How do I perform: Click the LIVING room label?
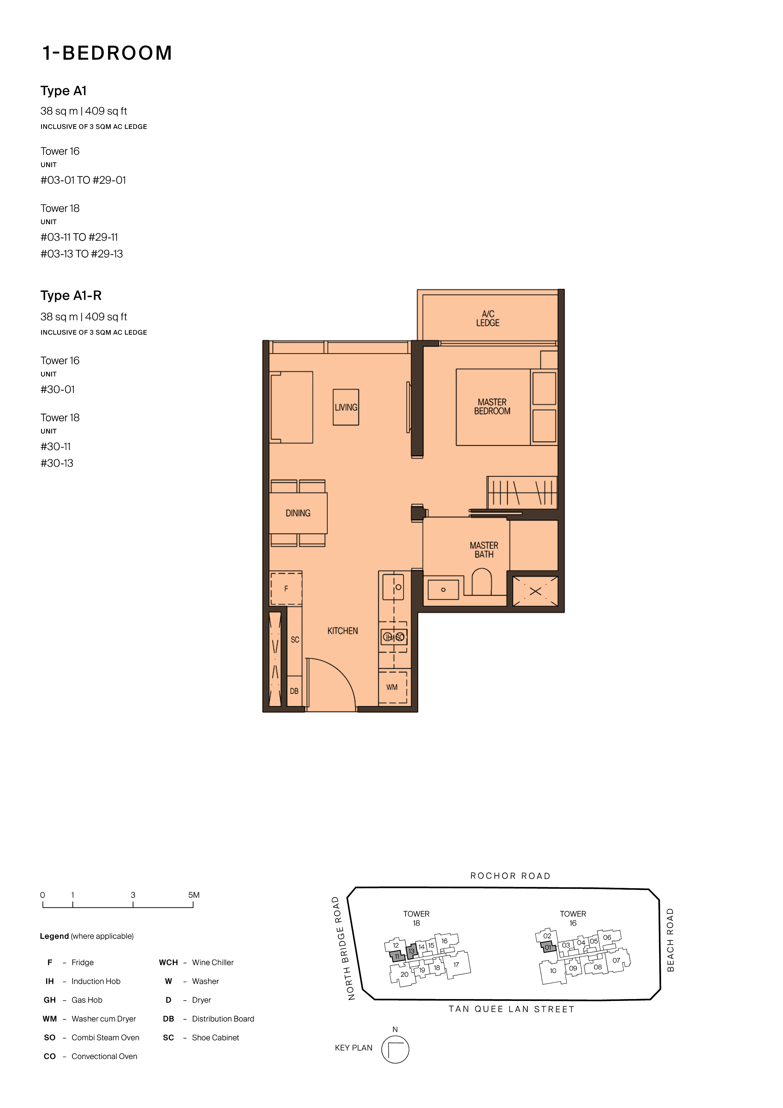point(346,407)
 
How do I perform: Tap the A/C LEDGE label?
point(488,318)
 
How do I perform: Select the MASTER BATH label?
point(484,550)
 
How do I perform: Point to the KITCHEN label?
point(343,631)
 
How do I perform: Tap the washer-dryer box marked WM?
point(392,687)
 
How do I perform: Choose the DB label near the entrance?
point(294,691)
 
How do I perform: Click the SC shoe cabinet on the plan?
point(295,640)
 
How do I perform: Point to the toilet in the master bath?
point(481,581)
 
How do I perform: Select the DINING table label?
point(298,513)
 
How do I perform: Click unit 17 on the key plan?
point(456,964)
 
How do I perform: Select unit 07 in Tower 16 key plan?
point(616,960)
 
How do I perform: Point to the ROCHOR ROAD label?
point(511,876)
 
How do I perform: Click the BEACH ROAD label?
point(670,940)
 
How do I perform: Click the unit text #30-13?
point(57,463)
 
